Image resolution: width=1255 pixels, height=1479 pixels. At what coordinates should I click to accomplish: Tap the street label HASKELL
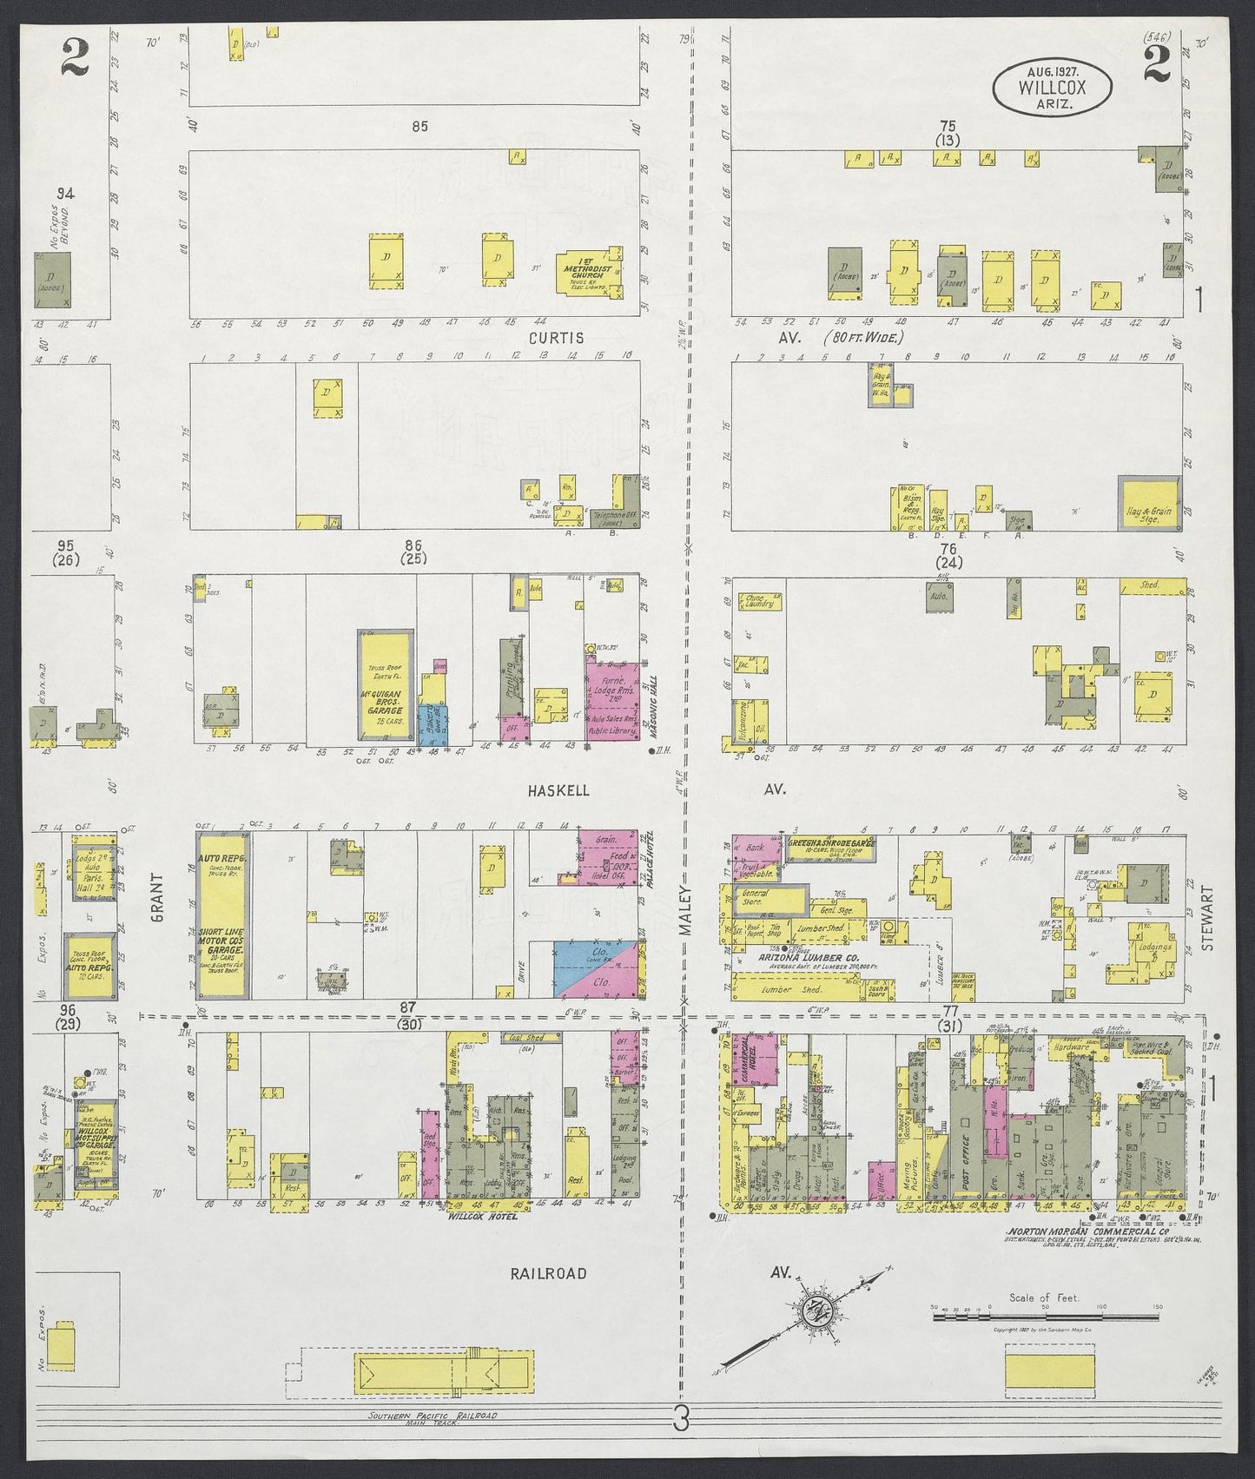coord(559,790)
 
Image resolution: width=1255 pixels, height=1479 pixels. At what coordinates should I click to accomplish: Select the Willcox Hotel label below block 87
coord(483,1217)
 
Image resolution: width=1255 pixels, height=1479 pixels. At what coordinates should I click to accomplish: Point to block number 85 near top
coord(420,127)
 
